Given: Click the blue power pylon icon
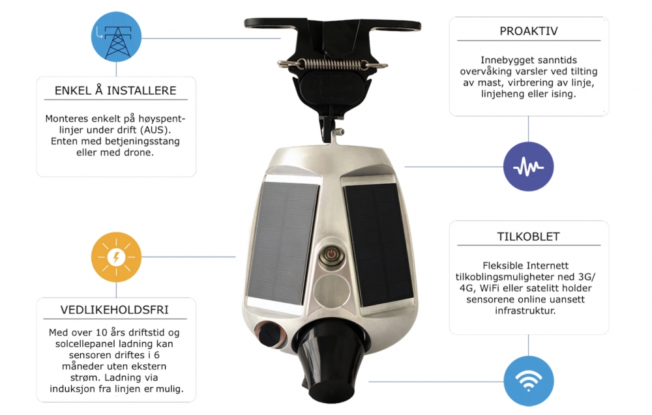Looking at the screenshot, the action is (x=116, y=37).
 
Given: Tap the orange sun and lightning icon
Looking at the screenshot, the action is (x=116, y=257).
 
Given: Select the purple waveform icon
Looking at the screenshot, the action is (x=529, y=167).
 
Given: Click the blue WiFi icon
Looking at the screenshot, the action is (x=529, y=381).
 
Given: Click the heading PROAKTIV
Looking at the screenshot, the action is (x=529, y=31).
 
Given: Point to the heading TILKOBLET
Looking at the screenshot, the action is (x=529, y=236).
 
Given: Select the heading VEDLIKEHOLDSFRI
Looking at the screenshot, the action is (x=114, y=310).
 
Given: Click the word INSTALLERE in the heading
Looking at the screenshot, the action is (x=141, y=91).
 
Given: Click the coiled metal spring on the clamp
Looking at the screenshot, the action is (x=333, y=64).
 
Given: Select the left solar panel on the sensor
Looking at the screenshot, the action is (x=283, y=244).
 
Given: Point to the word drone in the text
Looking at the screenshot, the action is (x=140, y=152).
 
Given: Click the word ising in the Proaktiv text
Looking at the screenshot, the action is (x=563, y=94).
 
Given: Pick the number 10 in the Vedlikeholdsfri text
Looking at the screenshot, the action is (x=102, y=332).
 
